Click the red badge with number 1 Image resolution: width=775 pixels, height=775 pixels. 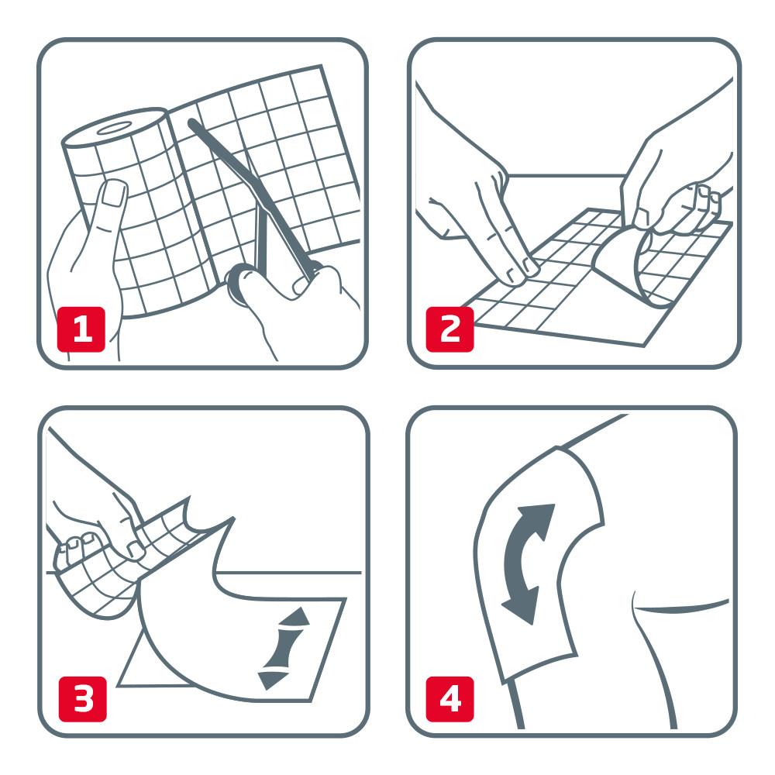point(81,329)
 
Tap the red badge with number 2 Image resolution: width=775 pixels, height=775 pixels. point(449,329)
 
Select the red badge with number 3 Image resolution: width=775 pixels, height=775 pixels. point(81,697)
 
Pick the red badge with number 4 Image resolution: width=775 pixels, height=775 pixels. point(449,697)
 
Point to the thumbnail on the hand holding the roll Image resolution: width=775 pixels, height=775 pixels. point(115,194)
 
